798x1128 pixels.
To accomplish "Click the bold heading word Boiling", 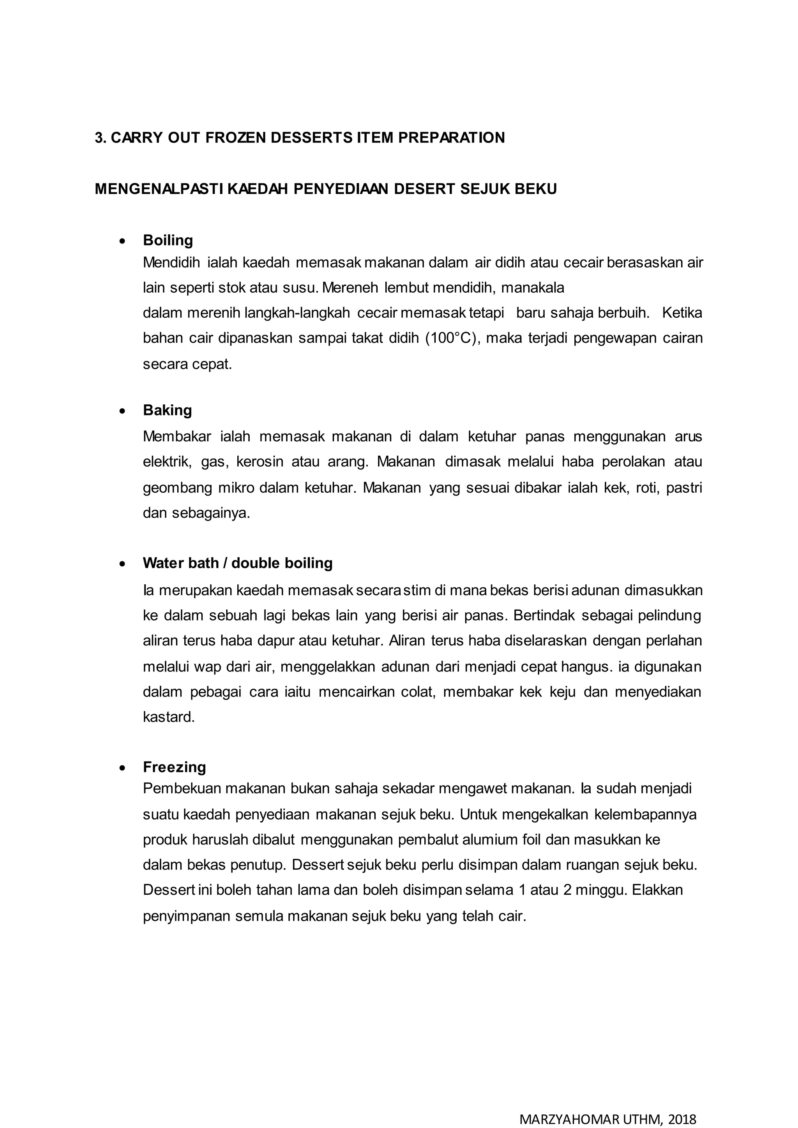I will [168, 240].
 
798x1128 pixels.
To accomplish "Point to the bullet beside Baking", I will [122, 411].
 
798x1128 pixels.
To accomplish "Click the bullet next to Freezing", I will [122, 767].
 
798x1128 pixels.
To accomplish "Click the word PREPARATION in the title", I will [451, 137].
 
